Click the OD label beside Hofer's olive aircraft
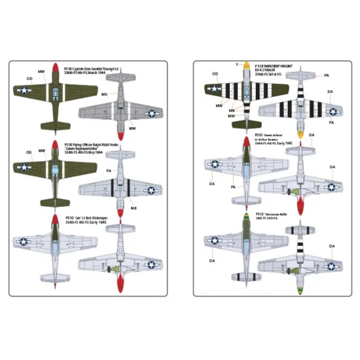pyautogui.click(x=29, y=153)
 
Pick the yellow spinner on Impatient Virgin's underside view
pyautogui.click(x=300, y=134)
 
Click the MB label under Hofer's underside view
pyautogui.click(x=133, y=208)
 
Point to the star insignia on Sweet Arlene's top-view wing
pyautogui.click(x=215, y=164)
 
